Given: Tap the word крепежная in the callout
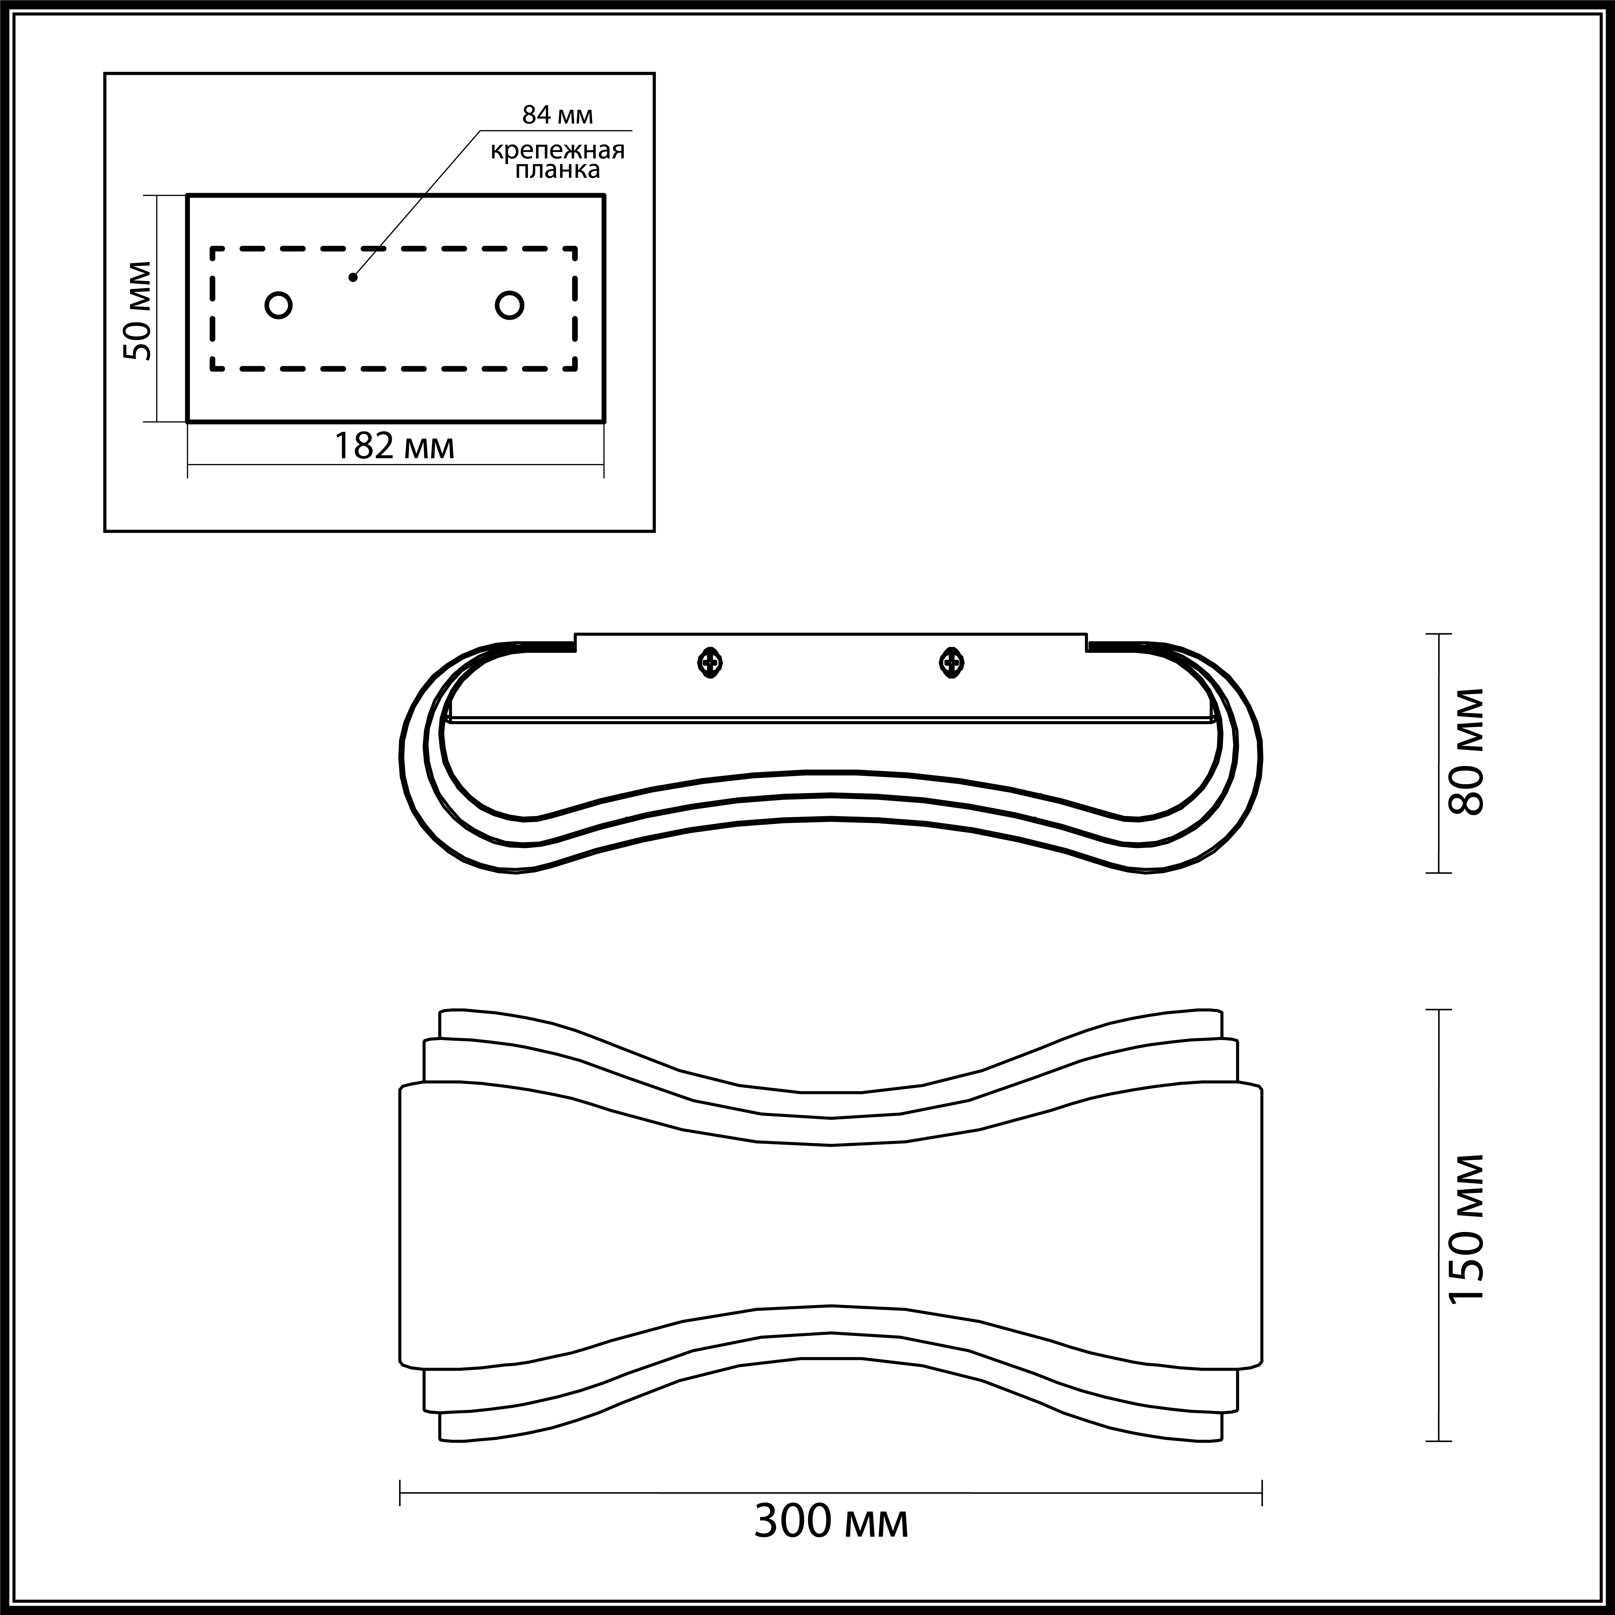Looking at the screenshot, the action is [x=557, y=151].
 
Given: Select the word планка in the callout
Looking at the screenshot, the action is [x=557, y=171].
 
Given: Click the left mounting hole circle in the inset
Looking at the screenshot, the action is [x=278, y=305].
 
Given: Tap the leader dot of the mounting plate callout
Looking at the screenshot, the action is [x=354, y=277].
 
